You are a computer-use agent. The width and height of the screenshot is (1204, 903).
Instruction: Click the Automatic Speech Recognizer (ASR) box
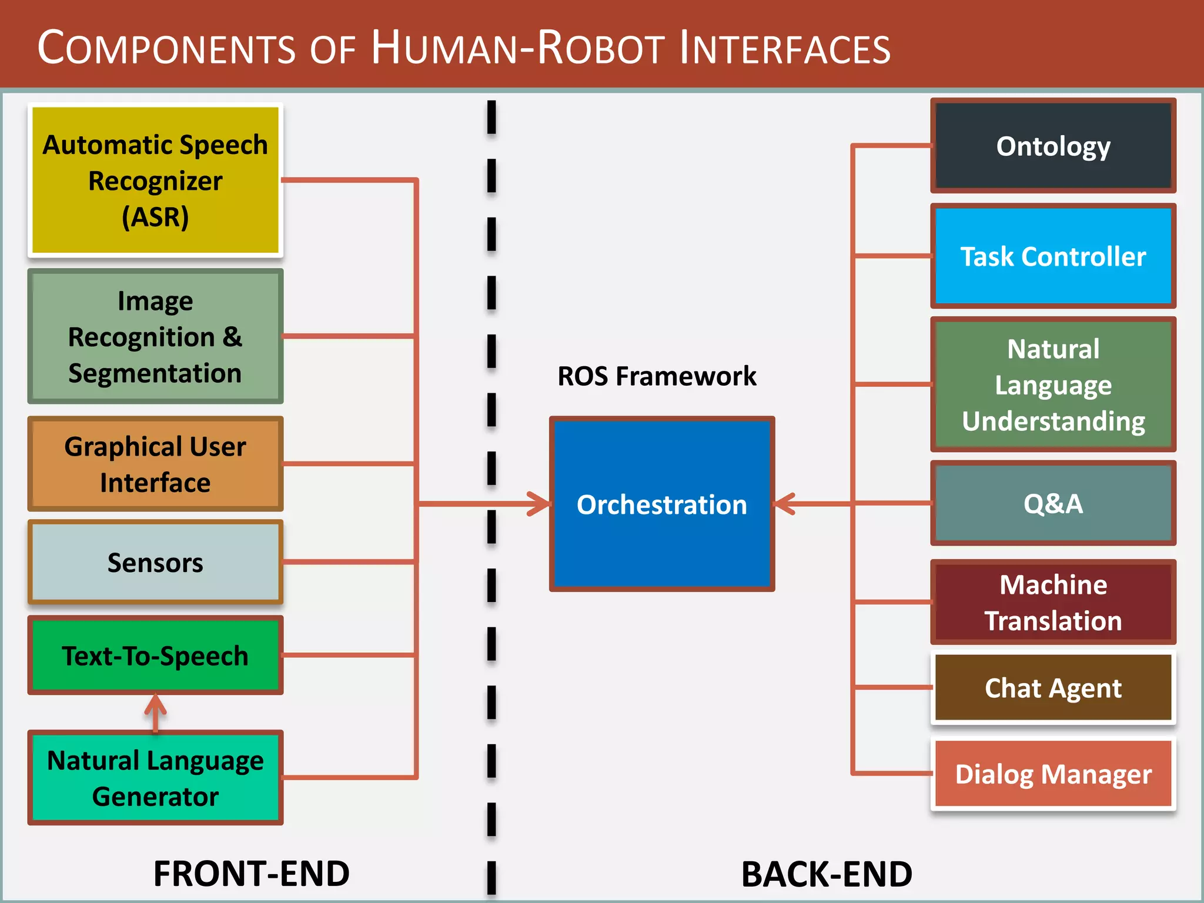pos(155,180)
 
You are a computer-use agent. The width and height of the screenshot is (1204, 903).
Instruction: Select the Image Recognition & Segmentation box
pos(155,336)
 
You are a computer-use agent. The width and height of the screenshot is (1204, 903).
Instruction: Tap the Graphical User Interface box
pos(155,464)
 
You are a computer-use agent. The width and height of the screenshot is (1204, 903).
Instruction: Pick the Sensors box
pos(155,562)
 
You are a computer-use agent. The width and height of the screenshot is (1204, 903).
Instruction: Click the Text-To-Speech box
pos(155,655)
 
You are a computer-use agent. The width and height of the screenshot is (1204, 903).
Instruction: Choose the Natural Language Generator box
pos(155,777)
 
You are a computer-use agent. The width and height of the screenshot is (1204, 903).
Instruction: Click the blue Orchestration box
pos(661,504)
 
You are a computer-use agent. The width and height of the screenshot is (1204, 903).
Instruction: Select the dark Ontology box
pos(1052,146)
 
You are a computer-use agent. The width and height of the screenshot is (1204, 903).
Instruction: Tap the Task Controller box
pos(1052,256)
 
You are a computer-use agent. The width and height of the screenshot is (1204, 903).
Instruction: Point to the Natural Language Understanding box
pos(1052,384)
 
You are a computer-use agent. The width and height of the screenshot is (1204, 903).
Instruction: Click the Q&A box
pos(1052,503)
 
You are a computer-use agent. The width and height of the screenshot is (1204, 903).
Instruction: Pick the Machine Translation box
pos(1052,602)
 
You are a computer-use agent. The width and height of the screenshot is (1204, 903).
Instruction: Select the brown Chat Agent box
pos(1052,687)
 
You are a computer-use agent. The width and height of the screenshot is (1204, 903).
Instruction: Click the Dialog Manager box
pos(1052,774)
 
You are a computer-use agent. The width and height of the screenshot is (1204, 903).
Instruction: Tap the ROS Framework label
pos(656,376)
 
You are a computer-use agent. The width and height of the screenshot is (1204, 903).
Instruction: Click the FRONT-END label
pos(251,873)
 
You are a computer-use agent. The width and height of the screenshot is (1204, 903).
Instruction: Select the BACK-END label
pos(826,874)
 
